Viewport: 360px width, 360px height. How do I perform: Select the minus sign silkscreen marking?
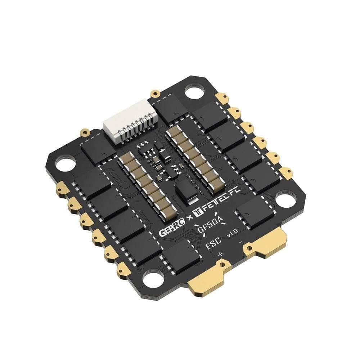click(241, 242)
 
